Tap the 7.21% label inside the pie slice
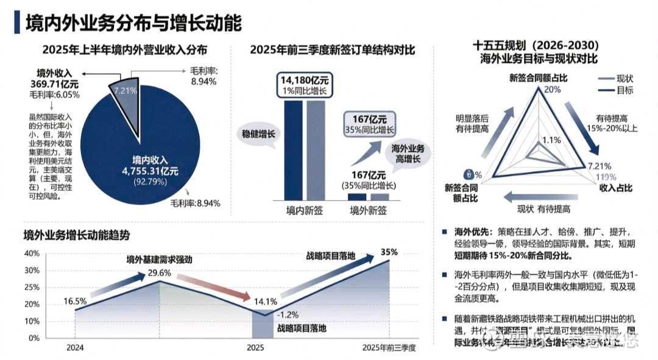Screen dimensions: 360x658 [x=125, y=90]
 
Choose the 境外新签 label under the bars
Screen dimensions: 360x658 [x=368, y=211]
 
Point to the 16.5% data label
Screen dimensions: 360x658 [x=74, y=300]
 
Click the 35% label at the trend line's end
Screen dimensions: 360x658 [x=389, y=252]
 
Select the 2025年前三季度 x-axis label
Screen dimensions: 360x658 [x=388, y=348]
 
